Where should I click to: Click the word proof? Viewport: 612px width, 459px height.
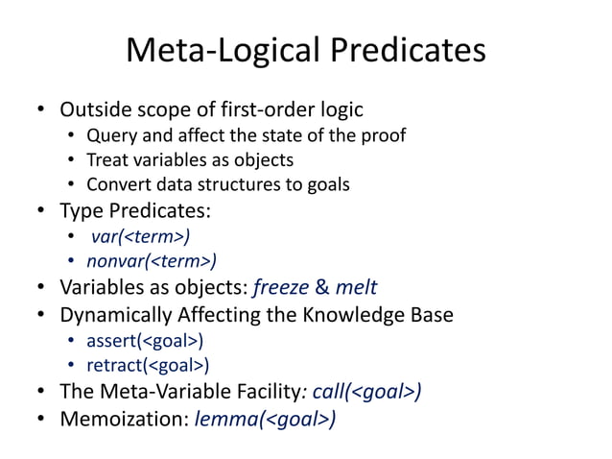point(385,135)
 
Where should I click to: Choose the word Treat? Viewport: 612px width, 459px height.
point(106,159)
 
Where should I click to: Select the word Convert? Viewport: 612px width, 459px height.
point(117,184)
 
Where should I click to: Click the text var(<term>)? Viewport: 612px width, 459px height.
point(140,235)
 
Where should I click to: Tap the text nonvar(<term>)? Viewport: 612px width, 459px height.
point(152,260)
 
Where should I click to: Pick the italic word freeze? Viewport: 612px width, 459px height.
point(281,286)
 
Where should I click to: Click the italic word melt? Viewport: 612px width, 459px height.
point(357,286)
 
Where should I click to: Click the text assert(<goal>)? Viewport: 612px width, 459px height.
point(145,340)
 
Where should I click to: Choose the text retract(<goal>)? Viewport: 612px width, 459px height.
point(148,365)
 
